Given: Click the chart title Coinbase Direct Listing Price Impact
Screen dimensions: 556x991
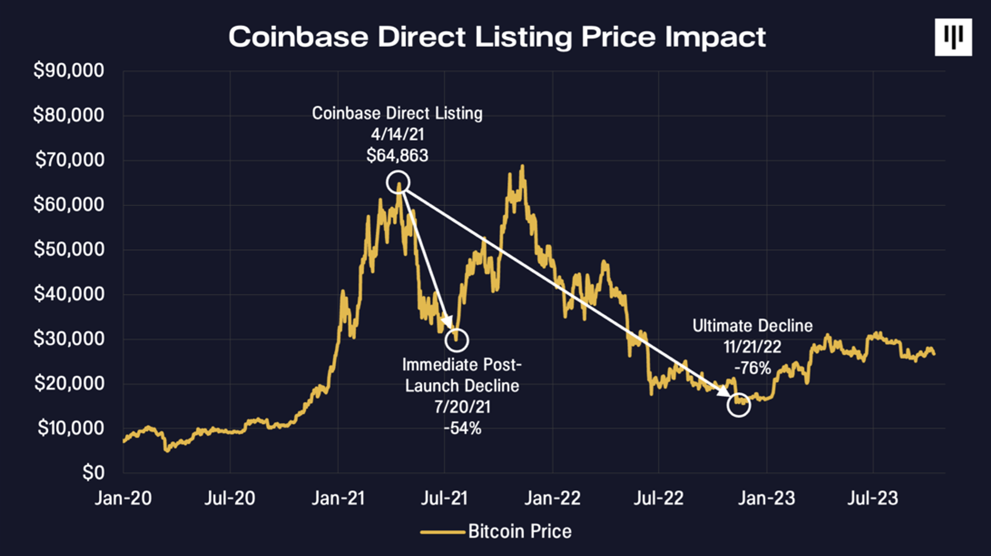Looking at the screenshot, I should (497, 37).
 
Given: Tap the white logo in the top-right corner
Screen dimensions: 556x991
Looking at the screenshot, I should (953, 37).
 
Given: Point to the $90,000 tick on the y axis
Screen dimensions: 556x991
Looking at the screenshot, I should (69, 70).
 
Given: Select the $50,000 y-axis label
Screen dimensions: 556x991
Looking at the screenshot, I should (69, 249).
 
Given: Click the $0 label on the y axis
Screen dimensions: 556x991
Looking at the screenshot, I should (93, 473).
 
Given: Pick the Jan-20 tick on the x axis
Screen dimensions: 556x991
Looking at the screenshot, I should (123, 498).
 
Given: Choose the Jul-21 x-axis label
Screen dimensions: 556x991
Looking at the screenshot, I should (444, 498).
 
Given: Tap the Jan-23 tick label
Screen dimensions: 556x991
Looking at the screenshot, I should (766, 498).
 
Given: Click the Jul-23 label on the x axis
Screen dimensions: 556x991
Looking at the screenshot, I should (873, 498).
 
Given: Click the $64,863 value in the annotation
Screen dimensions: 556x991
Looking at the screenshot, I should (397, 156).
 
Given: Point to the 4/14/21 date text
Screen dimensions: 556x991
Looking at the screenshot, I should (397, 134).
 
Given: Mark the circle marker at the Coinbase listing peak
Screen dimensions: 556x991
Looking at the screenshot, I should (398, 182).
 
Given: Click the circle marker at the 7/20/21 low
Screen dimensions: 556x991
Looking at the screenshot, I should (456, 340).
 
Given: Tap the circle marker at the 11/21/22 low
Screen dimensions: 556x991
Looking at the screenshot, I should (739, 405).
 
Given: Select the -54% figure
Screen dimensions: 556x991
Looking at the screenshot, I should (462, 428).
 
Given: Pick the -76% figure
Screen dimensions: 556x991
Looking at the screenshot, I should (752, 368).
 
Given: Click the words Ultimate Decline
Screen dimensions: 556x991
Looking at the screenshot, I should (752, 326).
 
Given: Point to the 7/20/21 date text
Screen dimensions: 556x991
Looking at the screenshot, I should (462, 407).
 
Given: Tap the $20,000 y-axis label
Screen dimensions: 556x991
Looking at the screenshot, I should (69, 383).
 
